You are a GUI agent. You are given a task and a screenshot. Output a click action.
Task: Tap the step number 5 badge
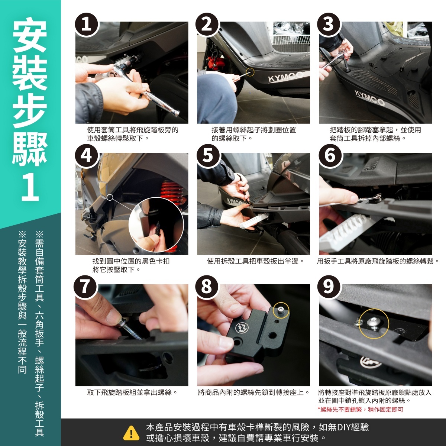(208, 156)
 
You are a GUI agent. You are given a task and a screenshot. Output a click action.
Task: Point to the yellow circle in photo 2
(250, 72)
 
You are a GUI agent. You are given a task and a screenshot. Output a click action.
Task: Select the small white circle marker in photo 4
(110, 197)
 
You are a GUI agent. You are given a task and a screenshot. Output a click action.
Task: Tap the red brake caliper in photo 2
(216, 63)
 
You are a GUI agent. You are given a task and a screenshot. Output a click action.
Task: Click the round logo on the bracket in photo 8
(241, 327)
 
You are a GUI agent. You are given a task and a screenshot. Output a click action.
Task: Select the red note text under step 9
(361, 410)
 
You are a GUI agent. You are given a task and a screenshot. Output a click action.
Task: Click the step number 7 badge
(85, 287)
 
